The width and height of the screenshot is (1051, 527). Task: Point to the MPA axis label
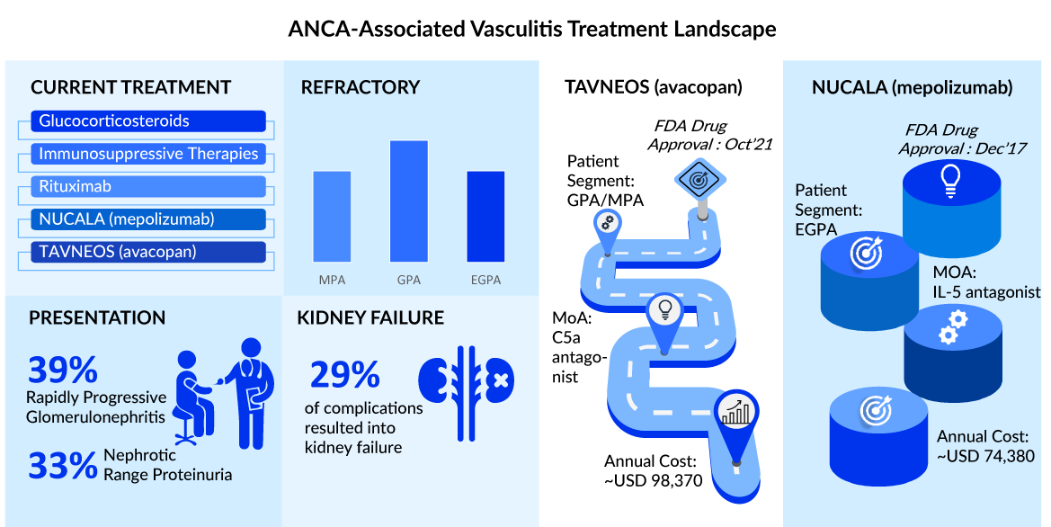click(x=332, y=280)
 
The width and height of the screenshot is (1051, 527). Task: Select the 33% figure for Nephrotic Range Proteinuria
click(x=62, y=465)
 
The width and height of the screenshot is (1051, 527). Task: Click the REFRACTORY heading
click(x=361, y=87)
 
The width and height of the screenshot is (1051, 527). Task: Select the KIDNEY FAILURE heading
click(x=370, y=317)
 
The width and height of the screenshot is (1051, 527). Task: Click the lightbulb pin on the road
click(x=665, y=312)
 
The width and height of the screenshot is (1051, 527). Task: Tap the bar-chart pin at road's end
click(x=735, y=414)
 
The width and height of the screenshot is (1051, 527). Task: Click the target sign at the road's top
click(x=697, y=179)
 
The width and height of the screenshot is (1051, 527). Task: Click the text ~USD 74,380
click(x=985, y=456)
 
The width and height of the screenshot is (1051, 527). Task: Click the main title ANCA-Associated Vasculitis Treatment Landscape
click(x=531, y=29)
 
